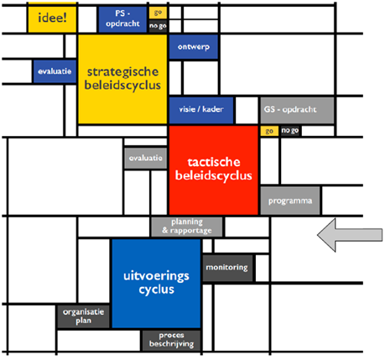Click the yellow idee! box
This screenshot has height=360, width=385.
click(52, 18)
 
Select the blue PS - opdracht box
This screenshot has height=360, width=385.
click(122, 19)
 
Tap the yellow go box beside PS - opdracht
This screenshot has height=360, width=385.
click(158, 13)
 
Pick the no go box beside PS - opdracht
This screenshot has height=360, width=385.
click(158, 26)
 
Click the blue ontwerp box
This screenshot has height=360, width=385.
click(194, 47)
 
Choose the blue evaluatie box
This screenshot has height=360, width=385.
click(55, 71)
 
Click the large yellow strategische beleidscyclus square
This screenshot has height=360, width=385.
click(122, 79)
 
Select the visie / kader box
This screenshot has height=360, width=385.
click(201, 110)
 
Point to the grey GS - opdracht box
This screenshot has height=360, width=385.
click(297, 110)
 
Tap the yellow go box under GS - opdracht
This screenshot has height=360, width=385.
click(269, 131)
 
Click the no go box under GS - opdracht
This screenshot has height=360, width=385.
click(290, 131)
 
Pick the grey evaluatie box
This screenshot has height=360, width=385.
click(146, 159)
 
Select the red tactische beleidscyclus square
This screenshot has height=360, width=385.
click(214, 170)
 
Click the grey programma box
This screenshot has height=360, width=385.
click(290, 201)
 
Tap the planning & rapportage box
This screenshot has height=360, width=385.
click(187, 227)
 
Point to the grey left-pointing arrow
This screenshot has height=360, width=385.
click(350, 235)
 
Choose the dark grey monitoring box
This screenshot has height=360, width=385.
click(227, 268)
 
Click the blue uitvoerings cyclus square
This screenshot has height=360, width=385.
click(156, 283)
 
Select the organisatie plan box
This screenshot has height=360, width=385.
click(83, 316)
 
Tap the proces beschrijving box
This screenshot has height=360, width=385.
click(171, 340)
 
